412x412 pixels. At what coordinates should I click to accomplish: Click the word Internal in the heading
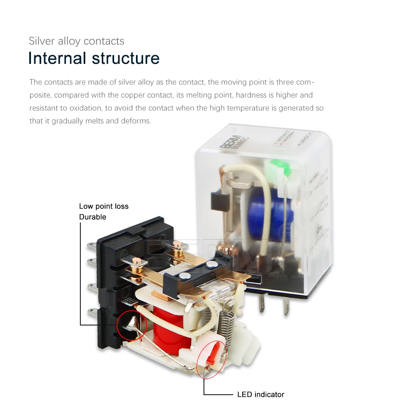57,58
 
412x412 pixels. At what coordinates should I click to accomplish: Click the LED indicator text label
260,394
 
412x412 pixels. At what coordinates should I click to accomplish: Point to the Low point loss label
104,206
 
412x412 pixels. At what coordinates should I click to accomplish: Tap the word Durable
93,217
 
